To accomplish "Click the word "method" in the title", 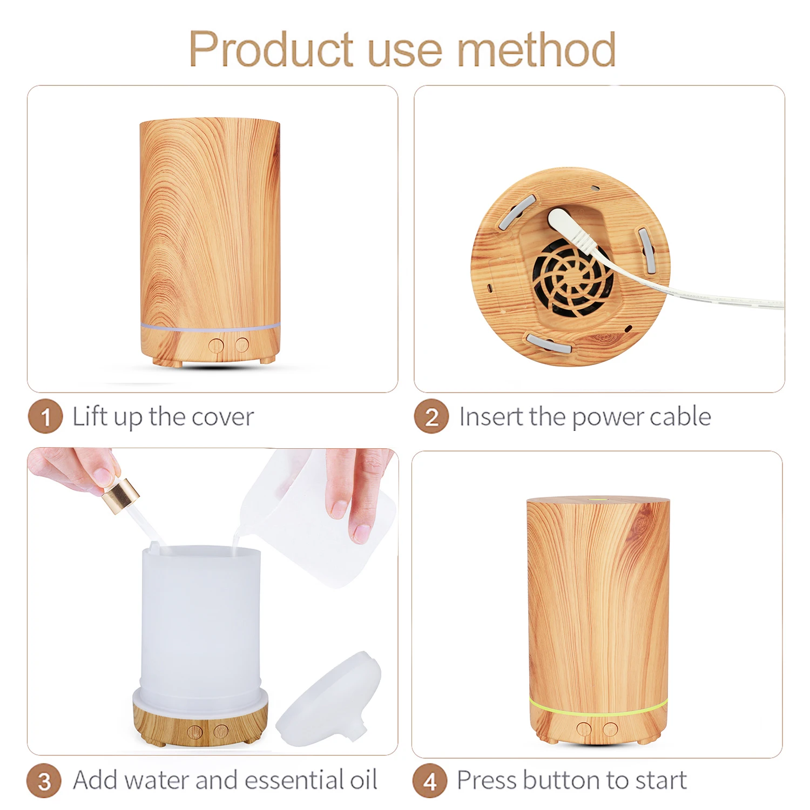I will click(536, 50).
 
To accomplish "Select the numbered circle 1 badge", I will click(45, 416).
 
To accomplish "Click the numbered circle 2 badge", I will click(431, 416).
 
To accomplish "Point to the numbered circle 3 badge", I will click(44, 781).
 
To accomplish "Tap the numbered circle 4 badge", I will click(430, 781).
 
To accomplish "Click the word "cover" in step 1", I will click(222, 417).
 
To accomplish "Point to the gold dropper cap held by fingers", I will click(120, 496).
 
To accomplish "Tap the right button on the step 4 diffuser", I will click(610, 730).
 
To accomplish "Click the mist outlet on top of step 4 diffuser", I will click(598, 500).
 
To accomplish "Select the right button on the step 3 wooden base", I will click(221, 732).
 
